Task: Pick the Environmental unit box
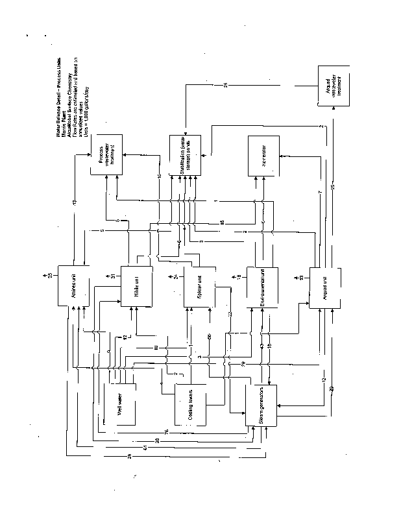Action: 261,285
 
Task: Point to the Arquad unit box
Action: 324,286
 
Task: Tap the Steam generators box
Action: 261,405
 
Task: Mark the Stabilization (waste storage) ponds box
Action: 185,156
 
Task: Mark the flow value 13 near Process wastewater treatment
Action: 75,204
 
